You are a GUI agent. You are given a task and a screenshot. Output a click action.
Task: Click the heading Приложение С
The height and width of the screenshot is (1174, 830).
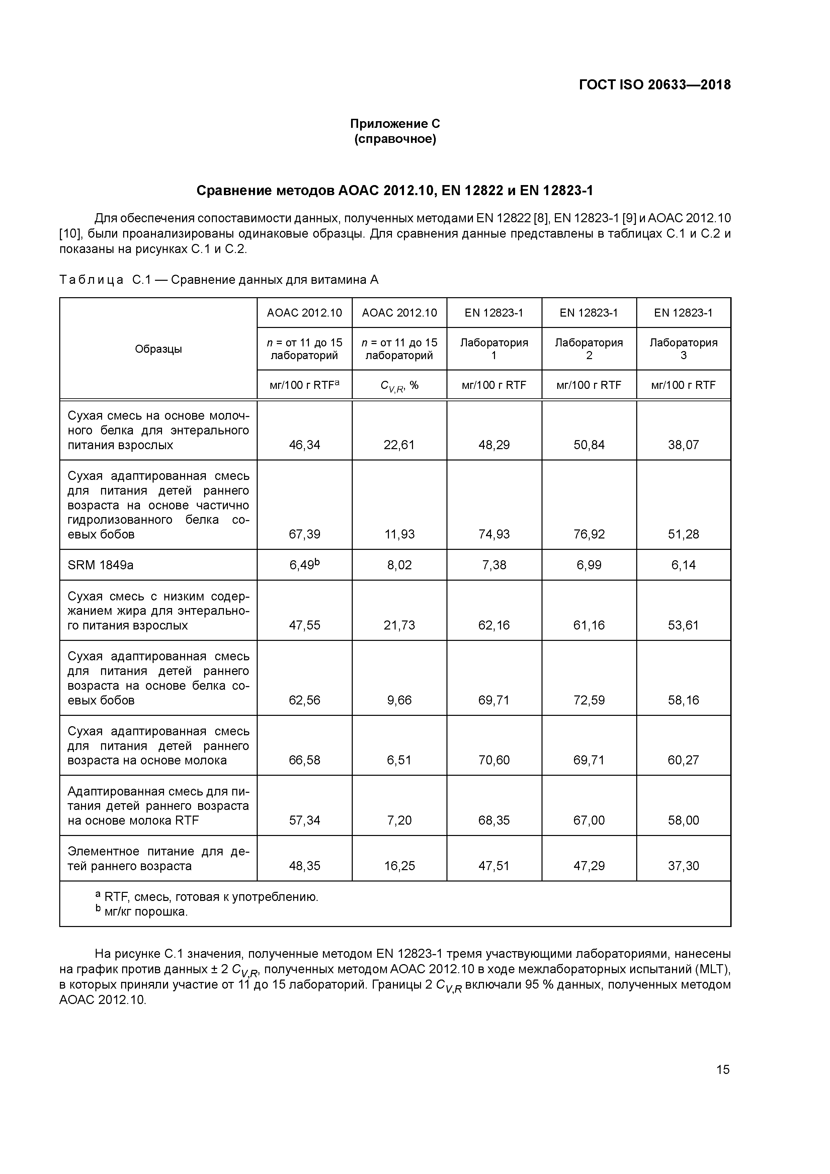coord(395,124)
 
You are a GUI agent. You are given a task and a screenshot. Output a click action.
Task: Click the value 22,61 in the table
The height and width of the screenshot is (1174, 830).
coord(399,445)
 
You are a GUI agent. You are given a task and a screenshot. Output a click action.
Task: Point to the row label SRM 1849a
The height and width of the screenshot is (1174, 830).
coord(101,565)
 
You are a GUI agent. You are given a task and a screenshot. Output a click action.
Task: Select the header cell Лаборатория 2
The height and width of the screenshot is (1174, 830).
coord(589,349)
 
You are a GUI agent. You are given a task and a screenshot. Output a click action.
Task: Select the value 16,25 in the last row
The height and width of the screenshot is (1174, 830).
coord(399,866)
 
